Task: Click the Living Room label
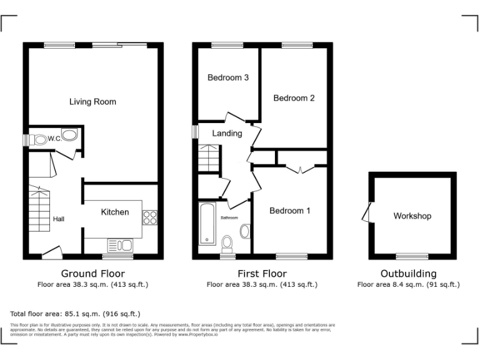click(x=92, y=101)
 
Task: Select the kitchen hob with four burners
click(x=150, y=217)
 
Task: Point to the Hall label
click(x=59, y=219)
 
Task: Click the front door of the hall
click(x=52, y=252)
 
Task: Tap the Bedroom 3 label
click(x=228, y=78)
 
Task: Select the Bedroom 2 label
click(x=294, y=98)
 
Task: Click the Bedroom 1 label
click(x=289, y=211)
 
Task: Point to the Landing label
click(x=227, y=133)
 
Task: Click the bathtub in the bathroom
click(x=206, y=223)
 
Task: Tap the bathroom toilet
click(x=227, y=242)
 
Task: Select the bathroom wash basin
click(x=245, y=232)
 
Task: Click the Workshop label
click(x=412, y=216)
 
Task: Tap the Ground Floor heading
click(x=92, y=274)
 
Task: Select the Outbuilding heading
click(x=408, y=274)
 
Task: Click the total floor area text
click(x=75, y=314)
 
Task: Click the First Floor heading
click(x=262, y=274)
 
